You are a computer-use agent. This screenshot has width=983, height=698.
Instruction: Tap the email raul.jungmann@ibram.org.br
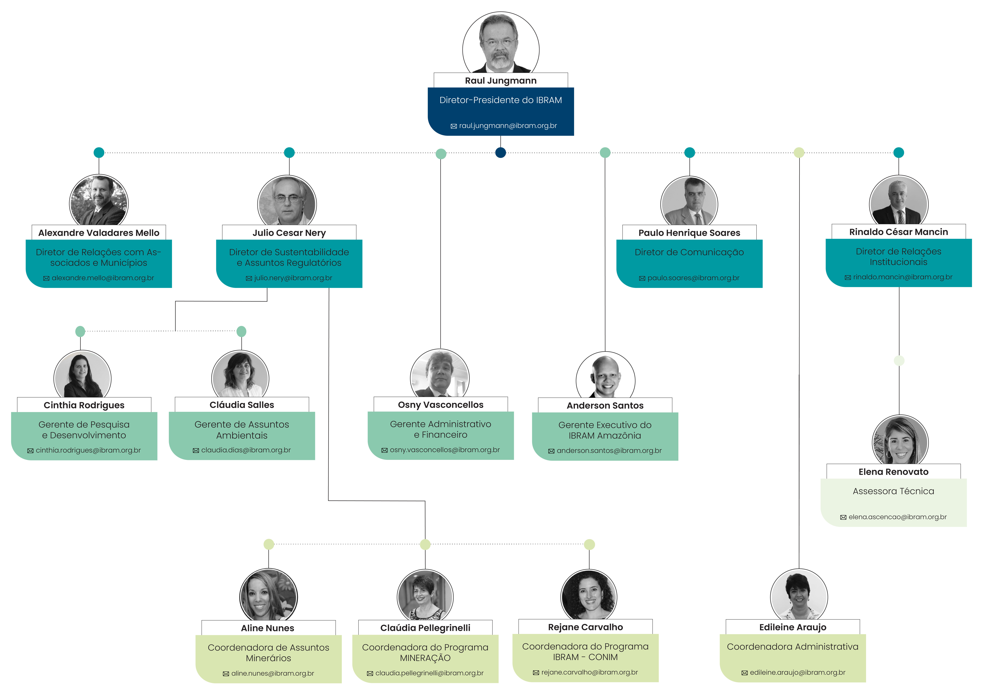(x=508, y=126)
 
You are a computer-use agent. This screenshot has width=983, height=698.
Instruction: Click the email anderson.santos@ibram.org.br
(x=609, y=450)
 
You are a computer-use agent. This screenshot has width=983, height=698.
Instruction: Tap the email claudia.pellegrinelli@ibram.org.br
(x=429, y=673)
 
